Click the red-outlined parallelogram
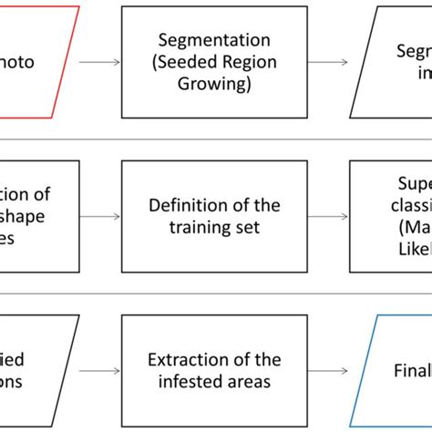point(36,62)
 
